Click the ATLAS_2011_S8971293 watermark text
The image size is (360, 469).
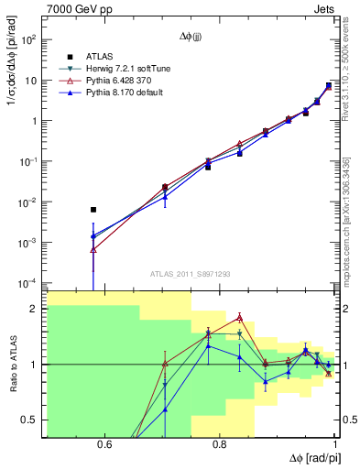pyautogui.click(x=190, y=274)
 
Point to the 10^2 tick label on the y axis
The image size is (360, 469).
pyautogui.click(x=29, y=40)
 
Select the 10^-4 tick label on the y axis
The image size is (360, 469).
pyautogui.click(x=29, y=283)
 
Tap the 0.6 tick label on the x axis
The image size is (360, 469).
pyautogui.click(x=104, y=446)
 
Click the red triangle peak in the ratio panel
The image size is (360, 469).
pyautogui.click(x=239, y=317)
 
